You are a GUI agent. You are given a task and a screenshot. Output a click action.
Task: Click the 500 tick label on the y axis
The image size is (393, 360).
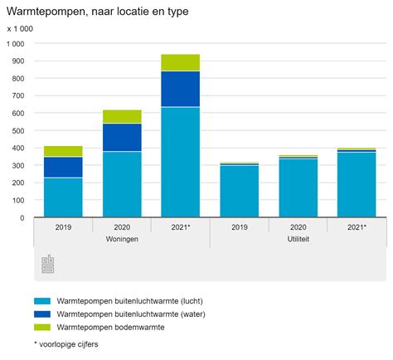pos(17,130)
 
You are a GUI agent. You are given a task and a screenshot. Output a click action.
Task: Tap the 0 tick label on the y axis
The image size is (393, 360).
pos(22,217)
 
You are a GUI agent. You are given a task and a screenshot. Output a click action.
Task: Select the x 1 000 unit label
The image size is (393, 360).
pos(20,29)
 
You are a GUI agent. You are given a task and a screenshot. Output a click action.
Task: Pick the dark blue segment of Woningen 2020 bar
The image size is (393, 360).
pos(122,137)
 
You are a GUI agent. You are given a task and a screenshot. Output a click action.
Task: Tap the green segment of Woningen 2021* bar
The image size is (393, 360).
pos(180,62)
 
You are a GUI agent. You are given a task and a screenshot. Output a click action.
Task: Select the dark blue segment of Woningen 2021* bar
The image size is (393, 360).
pos(180,89)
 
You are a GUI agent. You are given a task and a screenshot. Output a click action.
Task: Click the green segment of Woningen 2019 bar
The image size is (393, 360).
pos(63,151)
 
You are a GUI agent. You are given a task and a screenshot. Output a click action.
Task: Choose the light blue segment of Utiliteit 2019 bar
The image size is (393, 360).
pos(239,191)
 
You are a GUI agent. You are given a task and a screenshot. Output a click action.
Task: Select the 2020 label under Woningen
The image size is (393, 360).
pos(122,226)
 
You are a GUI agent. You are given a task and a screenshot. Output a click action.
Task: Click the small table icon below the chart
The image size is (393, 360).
pos(48,265)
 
